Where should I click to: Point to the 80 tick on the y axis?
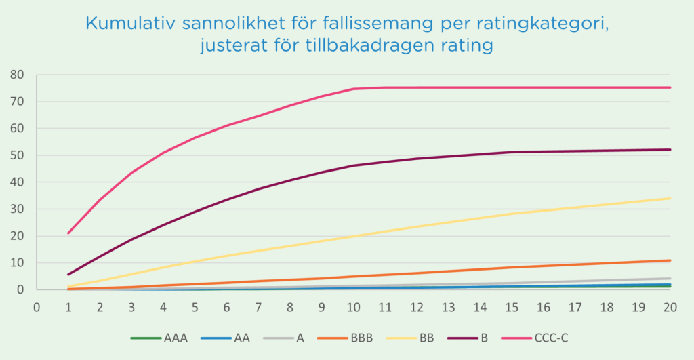[16, 75]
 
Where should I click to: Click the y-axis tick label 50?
[16, 155]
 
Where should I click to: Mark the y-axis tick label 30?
[16, 209]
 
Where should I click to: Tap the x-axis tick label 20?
[670, 307]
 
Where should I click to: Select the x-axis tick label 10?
[353, 307]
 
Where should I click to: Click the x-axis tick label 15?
[511, 307]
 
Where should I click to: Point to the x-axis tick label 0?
[37, 307]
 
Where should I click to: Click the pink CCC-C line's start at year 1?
[68, 233]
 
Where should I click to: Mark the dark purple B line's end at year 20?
[670, 150]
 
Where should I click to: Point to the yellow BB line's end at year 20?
[670, 199]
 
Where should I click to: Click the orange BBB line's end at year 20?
[670, 260]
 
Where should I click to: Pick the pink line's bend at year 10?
[353, 89]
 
